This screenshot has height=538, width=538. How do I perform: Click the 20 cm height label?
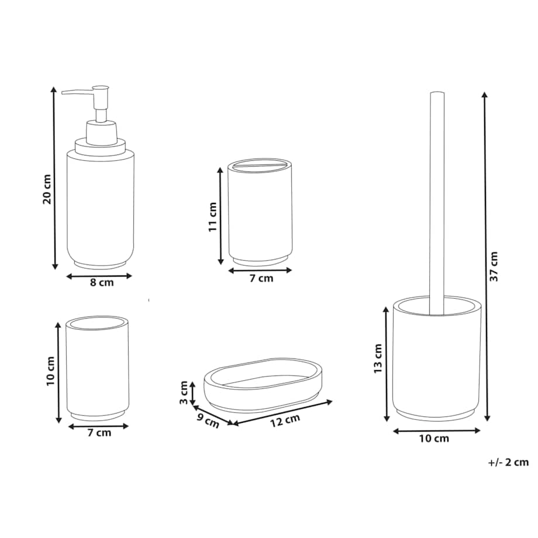tap(47, 189)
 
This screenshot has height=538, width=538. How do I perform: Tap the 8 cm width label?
tap(102, 282)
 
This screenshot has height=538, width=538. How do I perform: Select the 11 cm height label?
tap(213, 217)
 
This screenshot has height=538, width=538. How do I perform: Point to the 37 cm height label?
tap(494, 267)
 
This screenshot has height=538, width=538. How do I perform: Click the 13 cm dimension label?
tap(378, 359)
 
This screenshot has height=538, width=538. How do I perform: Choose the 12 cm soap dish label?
tap(285, 420)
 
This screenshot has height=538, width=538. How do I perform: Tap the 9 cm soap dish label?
tap(208, 421)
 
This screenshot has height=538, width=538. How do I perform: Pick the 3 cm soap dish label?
tap(184, 392)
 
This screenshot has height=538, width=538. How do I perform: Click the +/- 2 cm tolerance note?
tap(509, 462)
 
